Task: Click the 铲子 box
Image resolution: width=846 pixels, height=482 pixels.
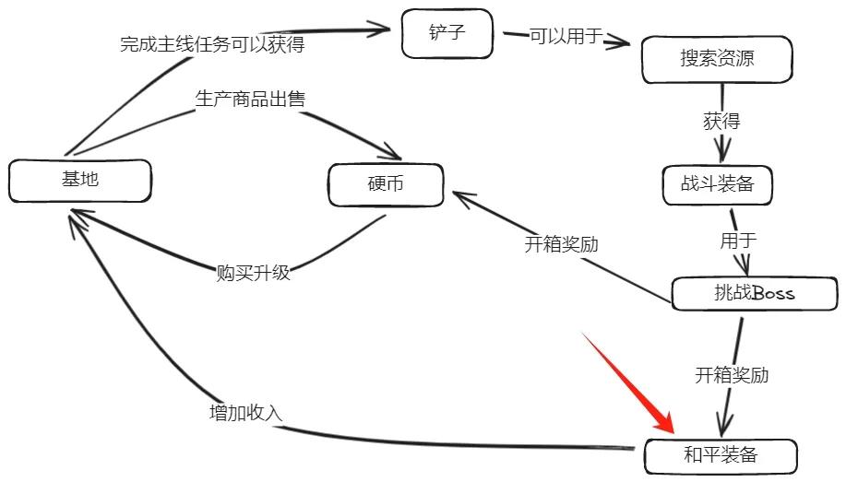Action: pyautogui.click(x=447, y=34)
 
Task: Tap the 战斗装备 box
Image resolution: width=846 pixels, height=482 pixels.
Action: pyautogui.click(x=717, y=184)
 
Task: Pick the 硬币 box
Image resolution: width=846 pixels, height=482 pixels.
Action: pyautogui.click(x=386, y=184)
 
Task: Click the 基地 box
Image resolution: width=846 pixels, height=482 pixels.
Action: pyautogui.click(x=79, y=181)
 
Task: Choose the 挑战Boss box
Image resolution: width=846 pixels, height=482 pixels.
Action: pyautogui.click(x=755, y=294)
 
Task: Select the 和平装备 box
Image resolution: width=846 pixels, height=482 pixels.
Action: pyautogui.click(x=721, y=454)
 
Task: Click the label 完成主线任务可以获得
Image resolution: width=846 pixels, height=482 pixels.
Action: pyautogui.click(x=212, y=44)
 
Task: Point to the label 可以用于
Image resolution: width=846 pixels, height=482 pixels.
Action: pyautogui.click(x=566, y=37)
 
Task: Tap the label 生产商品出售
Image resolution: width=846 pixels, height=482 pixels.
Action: pyautogui.click(x=250, y=99)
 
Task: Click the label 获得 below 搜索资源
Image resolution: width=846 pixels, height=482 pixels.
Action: pyautogui.click(x=721, y=121)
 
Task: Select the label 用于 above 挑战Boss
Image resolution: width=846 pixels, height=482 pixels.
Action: pyautogui.click(x=738, y=241)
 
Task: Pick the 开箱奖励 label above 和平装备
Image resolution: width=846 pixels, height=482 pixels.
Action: pyautogui.click(x=732, y=375)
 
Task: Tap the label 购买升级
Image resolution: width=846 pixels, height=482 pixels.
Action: pyautogui.click(x=253, y=273)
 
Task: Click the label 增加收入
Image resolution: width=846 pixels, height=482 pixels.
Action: pyautogui.click(x=245, y=413)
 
